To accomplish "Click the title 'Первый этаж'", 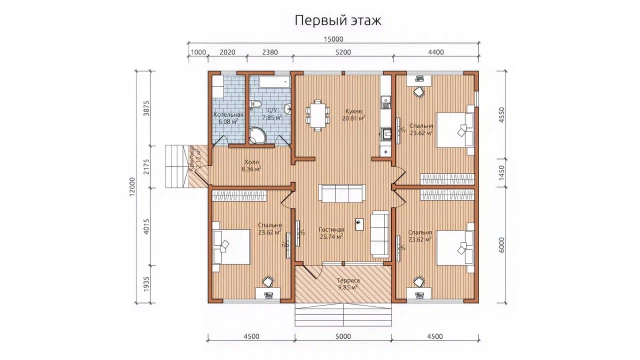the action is (x=337, y=21).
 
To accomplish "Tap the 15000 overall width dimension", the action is (x=333, y=39).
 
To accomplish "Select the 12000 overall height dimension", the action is (x=132, y=187).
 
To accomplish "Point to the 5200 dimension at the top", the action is (x=343, y=52).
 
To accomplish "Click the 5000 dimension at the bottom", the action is (x=343, y=336).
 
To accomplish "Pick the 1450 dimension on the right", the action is (x=501, y=173).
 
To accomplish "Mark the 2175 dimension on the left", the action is (x=146, y=167).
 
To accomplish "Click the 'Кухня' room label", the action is (x=353, y=111).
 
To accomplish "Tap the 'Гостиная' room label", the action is (x=331, y=229).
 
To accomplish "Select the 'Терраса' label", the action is (x=348, y=280).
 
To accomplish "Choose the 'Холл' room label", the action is (x=251, y=162).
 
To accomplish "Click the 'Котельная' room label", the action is (x=228, y=114).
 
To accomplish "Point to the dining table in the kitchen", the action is (x=317, y=115).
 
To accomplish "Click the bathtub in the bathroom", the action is (x=274, y=82).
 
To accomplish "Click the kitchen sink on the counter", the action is (x=385, y=103).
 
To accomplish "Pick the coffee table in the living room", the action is (x=359, y=224).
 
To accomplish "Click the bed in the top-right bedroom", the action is (x=455, y=130).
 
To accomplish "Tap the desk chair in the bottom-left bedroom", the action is (x=268, y=281).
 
